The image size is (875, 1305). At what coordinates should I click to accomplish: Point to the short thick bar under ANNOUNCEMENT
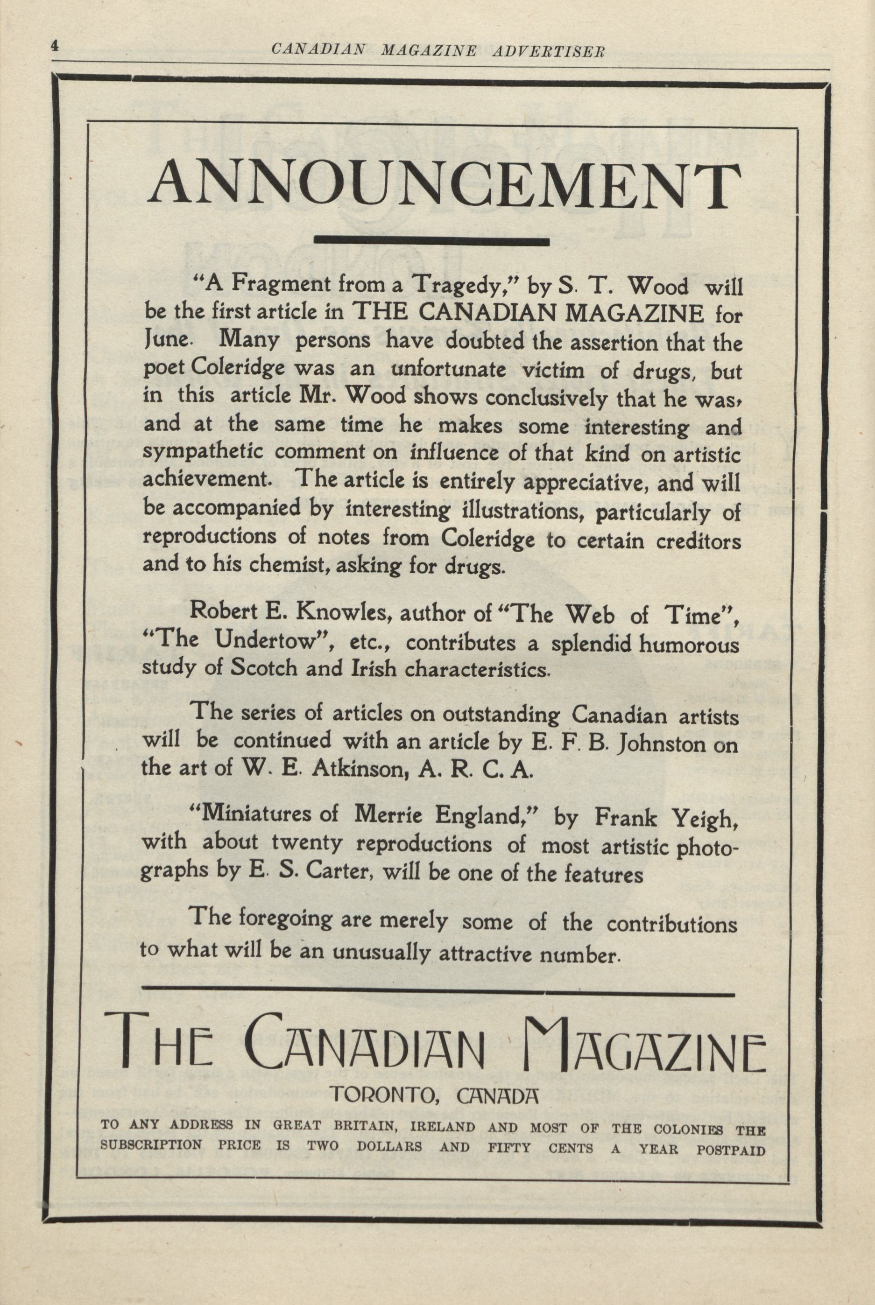pyautogui.click(x=432, y=241)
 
